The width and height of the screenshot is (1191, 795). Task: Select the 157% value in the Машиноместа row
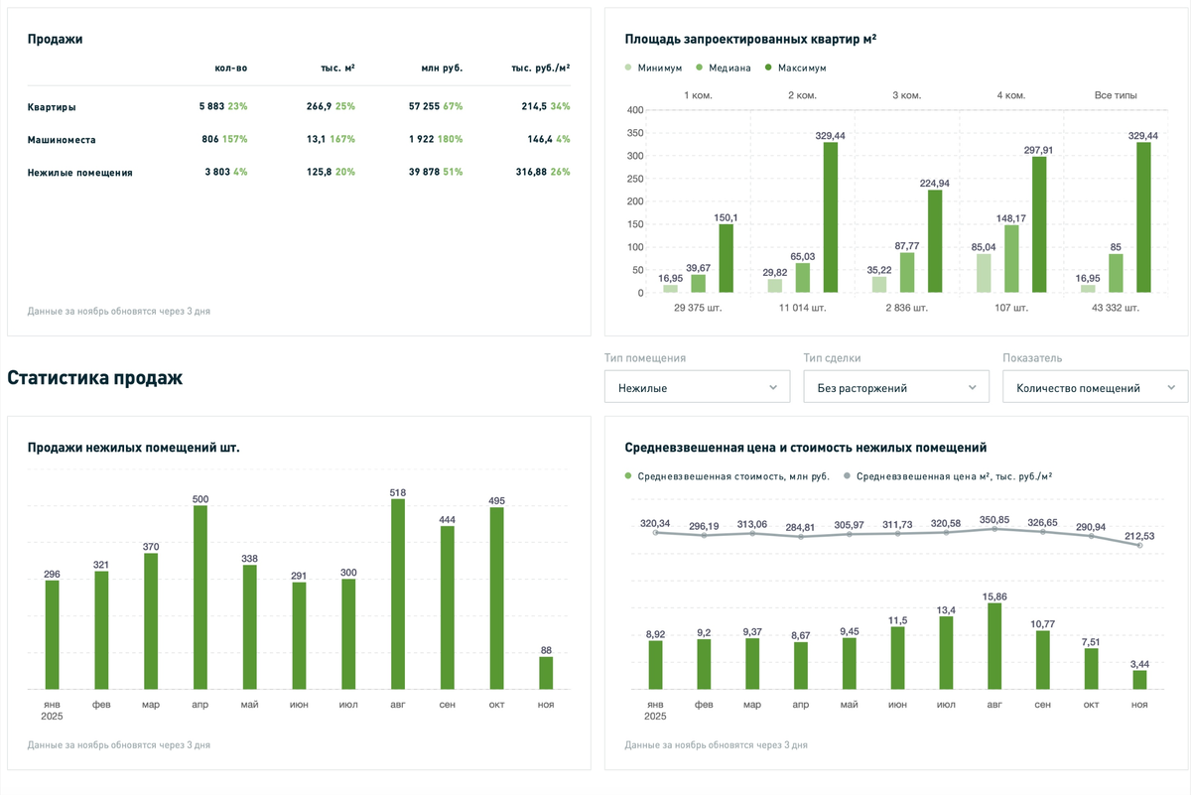tap(234, 140)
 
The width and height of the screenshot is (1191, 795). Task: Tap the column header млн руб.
tap(442, 68)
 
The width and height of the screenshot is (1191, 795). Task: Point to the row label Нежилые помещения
tap(79, 173)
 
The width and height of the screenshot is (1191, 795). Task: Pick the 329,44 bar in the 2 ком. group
tap(831, 217)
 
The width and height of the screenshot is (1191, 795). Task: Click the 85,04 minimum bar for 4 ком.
tap(984, 273)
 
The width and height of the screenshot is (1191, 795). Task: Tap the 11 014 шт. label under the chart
tap(805, 308)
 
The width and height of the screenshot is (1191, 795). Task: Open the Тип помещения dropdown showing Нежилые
tap(697, 387)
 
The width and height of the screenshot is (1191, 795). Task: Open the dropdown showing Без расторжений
tap(896, 387)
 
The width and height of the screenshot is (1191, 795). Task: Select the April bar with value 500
tap(200, 597)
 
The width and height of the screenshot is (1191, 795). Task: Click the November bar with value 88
tap(546, 673)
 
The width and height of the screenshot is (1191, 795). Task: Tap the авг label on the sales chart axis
tap(398, 705)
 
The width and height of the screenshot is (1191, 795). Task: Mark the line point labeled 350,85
tap(993, 529)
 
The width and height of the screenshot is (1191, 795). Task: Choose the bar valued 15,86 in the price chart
tap(994, 646)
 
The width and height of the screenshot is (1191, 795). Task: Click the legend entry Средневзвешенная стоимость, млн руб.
tap(727, 476)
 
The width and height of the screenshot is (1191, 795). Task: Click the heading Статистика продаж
tap(94, 378)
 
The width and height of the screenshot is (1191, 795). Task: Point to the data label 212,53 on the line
tap(1139, 536)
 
